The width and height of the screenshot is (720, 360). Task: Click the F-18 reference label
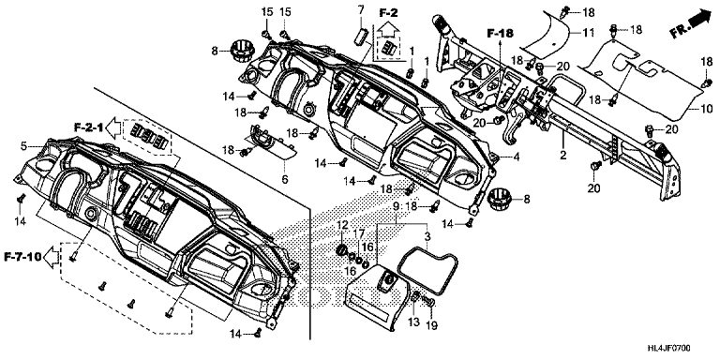point(500,33)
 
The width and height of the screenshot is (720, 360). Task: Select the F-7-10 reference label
point(22,257)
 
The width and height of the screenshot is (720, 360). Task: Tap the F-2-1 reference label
point(89,127)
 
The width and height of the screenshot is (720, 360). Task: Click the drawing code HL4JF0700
point(669,349)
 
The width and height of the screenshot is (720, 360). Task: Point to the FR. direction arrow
point(690,24)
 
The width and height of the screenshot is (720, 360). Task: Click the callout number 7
point(360,8)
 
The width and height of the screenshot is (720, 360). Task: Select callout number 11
point(588,32)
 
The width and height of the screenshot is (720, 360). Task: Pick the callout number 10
point(707,109)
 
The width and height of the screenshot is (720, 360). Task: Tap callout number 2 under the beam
point(563,156)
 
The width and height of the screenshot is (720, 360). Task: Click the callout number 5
point(23,146)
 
